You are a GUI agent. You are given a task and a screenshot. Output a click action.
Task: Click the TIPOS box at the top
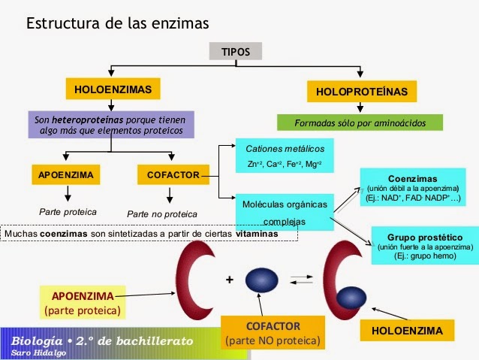236,51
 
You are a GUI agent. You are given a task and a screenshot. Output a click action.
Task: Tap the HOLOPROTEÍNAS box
362,92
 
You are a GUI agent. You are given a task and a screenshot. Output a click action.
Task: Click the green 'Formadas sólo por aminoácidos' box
360,122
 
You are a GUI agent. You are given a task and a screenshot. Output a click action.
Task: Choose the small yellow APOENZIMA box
66,175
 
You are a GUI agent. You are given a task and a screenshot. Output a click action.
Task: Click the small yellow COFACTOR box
172,175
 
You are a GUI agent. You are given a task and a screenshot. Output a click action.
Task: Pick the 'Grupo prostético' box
425,245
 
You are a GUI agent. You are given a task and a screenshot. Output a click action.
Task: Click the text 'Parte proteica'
68,212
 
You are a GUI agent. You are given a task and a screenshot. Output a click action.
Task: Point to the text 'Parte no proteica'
161,213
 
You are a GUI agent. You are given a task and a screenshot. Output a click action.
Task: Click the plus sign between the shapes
229,280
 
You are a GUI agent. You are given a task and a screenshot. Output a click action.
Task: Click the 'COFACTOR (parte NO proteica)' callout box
273,333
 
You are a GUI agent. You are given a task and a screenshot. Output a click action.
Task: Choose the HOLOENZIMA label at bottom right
407,330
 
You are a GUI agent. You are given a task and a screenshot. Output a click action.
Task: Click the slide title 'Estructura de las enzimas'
118,23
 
